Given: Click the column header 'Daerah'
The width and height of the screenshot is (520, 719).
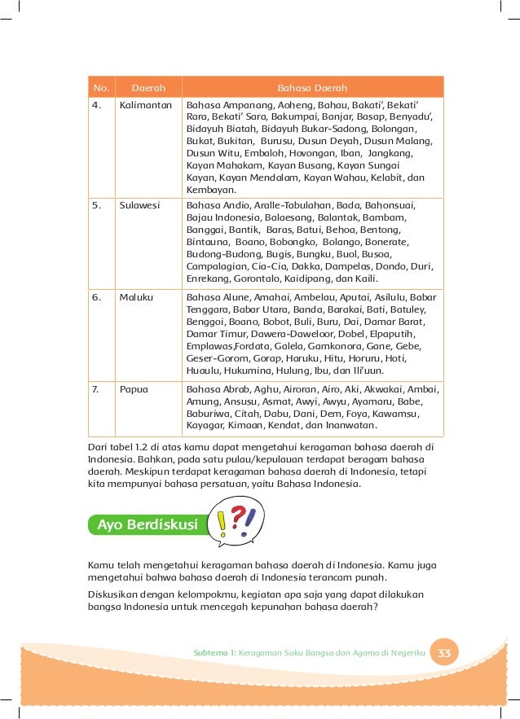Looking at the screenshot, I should [138, 87].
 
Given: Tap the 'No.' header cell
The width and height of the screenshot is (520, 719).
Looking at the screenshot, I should [101, 87].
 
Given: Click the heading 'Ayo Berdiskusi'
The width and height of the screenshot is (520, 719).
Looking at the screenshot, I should [148, 524].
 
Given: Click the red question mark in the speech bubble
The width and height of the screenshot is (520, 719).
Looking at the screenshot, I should [237, 519].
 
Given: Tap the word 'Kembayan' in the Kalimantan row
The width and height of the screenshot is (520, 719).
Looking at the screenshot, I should [209, 189].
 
